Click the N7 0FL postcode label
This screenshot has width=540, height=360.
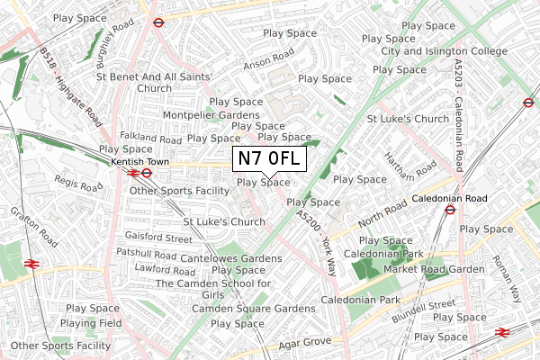pos(270,159)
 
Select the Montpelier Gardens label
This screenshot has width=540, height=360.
pos(210,115)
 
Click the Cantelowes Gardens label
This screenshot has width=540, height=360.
pos(231,258)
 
